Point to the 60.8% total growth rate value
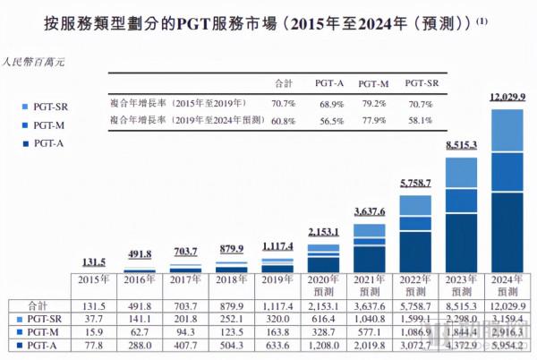(285, 119)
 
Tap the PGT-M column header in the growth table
(371, 82)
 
